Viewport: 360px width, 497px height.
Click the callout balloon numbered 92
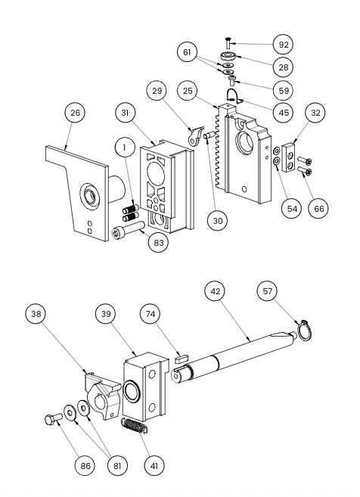(x=283, y=45)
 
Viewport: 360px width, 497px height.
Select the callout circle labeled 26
(x=75, y=113)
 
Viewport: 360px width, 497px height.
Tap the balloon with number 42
(x=215, y=291)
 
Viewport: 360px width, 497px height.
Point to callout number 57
(x=268, y=291)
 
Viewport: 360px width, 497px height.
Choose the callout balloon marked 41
(x=154, y=466)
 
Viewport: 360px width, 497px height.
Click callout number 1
(x=125, y=148)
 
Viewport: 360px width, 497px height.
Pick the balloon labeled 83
(x=159, y=243)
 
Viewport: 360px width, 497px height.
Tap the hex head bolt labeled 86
(x=54, y=419)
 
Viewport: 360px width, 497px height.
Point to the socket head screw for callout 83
(x=128, y=230)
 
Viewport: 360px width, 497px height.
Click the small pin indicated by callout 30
(x=209, y=135)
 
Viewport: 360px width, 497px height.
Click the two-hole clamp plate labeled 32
(x=290, y=157)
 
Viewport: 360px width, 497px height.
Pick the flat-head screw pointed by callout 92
(x=228, y=43)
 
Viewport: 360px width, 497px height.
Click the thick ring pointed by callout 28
(x=228, y=57)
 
